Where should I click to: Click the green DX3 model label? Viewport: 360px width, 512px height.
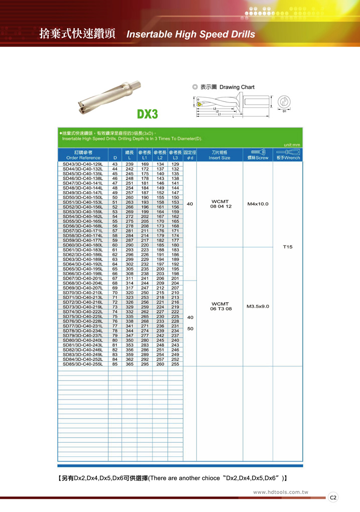(x=147, y=114)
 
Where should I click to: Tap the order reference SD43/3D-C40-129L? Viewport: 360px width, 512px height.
(x=83, y=164)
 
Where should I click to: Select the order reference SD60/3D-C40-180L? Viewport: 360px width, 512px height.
(x=83, y=245)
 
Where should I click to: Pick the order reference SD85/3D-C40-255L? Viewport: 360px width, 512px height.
(x=83, y=364)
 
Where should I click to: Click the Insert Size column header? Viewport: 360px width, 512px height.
(x=219, y=155)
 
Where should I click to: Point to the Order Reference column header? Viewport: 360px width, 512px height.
(x=83, y=155)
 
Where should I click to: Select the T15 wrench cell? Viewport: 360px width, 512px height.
(x=288, y=247)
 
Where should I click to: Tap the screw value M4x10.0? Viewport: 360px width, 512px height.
(x=258, y=204)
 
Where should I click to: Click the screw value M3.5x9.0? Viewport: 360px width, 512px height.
(x=258, y=306)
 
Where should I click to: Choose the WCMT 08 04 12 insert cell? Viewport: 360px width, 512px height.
(x=220, y=204)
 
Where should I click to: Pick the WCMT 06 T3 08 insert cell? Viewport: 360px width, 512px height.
(x=220, y=306)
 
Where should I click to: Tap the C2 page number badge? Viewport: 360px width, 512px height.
(x=333, y=497)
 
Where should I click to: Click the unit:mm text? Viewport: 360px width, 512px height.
(x=291, y=145)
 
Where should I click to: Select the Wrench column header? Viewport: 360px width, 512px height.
(x=288, y=155)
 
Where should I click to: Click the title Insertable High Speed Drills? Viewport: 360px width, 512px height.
(x=190, y=35)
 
